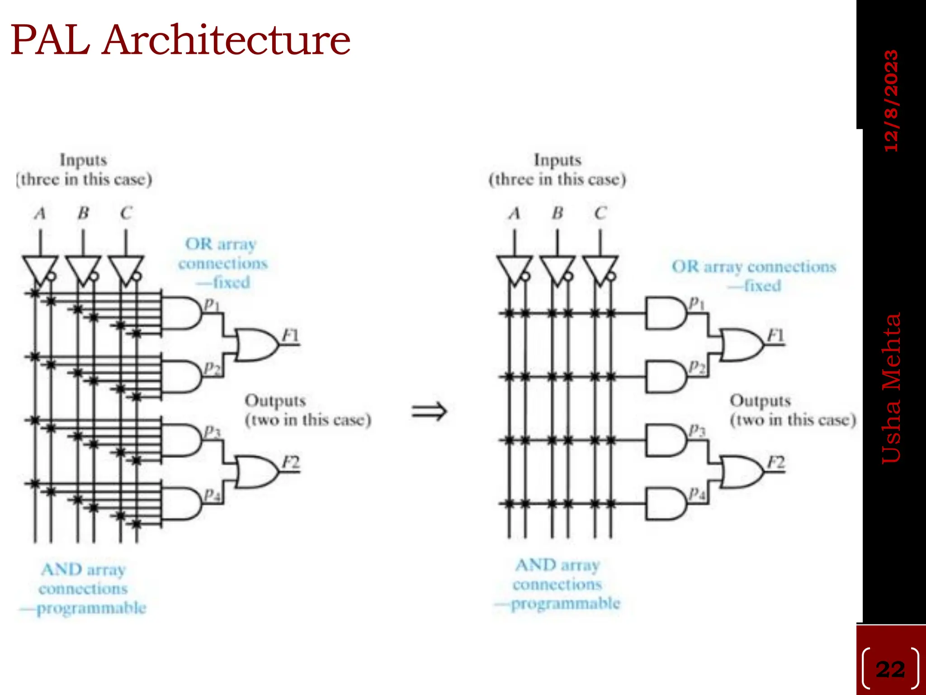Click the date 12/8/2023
pyautogui.click(x=891, y=100)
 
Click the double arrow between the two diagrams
pyautogui.click(x=429, y=411)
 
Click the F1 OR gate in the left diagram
pyautogui.click(x=255, y=345)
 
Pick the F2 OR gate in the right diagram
pyautogui.click(x=741, y=471)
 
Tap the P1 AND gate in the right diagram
pyautogui.click(x=665, y=313)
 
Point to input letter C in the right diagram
pyautogui.click(x=600, y=213)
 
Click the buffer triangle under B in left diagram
pyautogui.click(x=82, y=269)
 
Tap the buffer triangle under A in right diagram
pyautogui.click(x=514, y=269)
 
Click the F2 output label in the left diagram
pyautogui.click(x=291, y=462)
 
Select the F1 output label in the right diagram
pyautogui.click(x=776, y=336)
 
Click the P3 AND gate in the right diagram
pyautogui.click(x=665, y=440)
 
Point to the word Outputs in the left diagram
pyautogui.click(x=275, y=400)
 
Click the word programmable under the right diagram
pyautogui.click(x=565, y=604)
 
